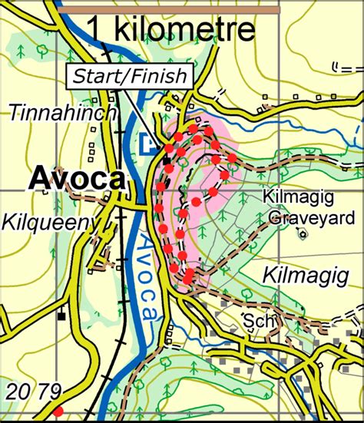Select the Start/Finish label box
pos(131,76)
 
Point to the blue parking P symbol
pos(149,141)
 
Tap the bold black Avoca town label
pos(77,179)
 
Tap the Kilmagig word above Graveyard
pos(295,198)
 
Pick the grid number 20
pos(20,392)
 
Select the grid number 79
pos(50,392)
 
